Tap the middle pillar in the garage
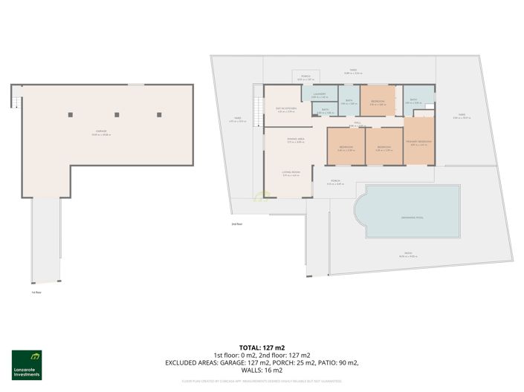(x=117, y=114)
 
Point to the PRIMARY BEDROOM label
(x=420, y=142)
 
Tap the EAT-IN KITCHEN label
(x=280, y=109)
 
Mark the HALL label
(x=357, y=123)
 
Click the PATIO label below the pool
(x=408, y=254)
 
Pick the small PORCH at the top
(x=305, y=77)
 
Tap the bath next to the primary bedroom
(x=414, y=102)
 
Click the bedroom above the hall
(x=377, y=102)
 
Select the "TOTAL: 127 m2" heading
(x=262, y=347)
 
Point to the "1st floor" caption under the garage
(x=36, y=293)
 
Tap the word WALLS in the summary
(x=251, y=370)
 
